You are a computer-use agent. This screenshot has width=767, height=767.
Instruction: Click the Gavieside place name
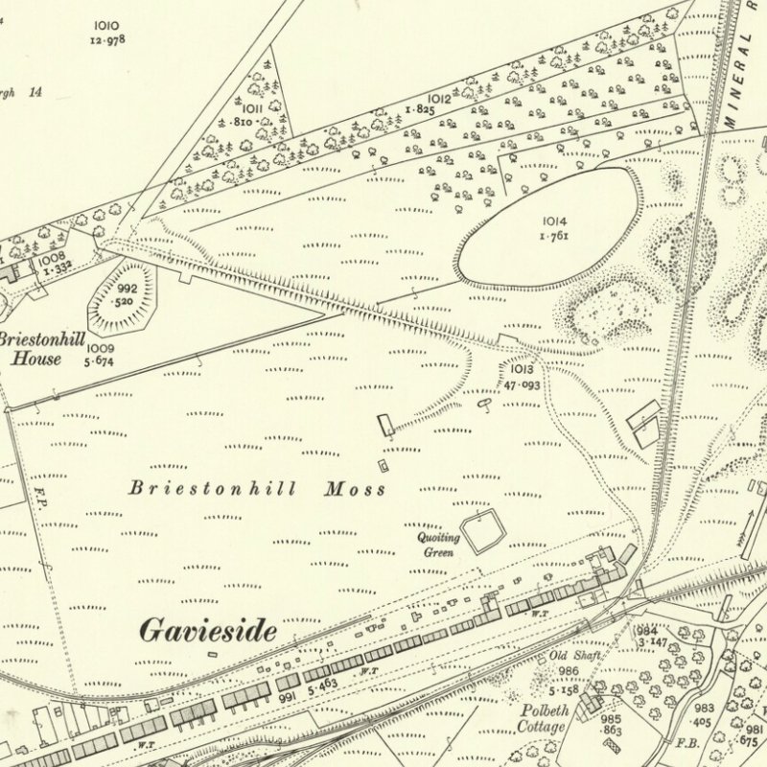pos(208,630)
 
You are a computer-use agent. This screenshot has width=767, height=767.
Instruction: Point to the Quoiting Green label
pos(438,545)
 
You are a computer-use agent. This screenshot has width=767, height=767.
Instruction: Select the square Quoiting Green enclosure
pos(482,530)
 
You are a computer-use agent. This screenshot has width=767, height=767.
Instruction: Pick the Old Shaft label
pos(571,656)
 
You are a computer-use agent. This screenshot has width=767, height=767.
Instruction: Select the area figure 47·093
pos(522,383)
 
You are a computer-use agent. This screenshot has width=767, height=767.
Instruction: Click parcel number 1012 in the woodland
pos(440,99)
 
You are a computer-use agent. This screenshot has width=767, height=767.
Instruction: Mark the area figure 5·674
pos(99,361)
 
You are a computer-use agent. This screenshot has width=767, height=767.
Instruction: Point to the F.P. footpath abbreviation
pos(41,498)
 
